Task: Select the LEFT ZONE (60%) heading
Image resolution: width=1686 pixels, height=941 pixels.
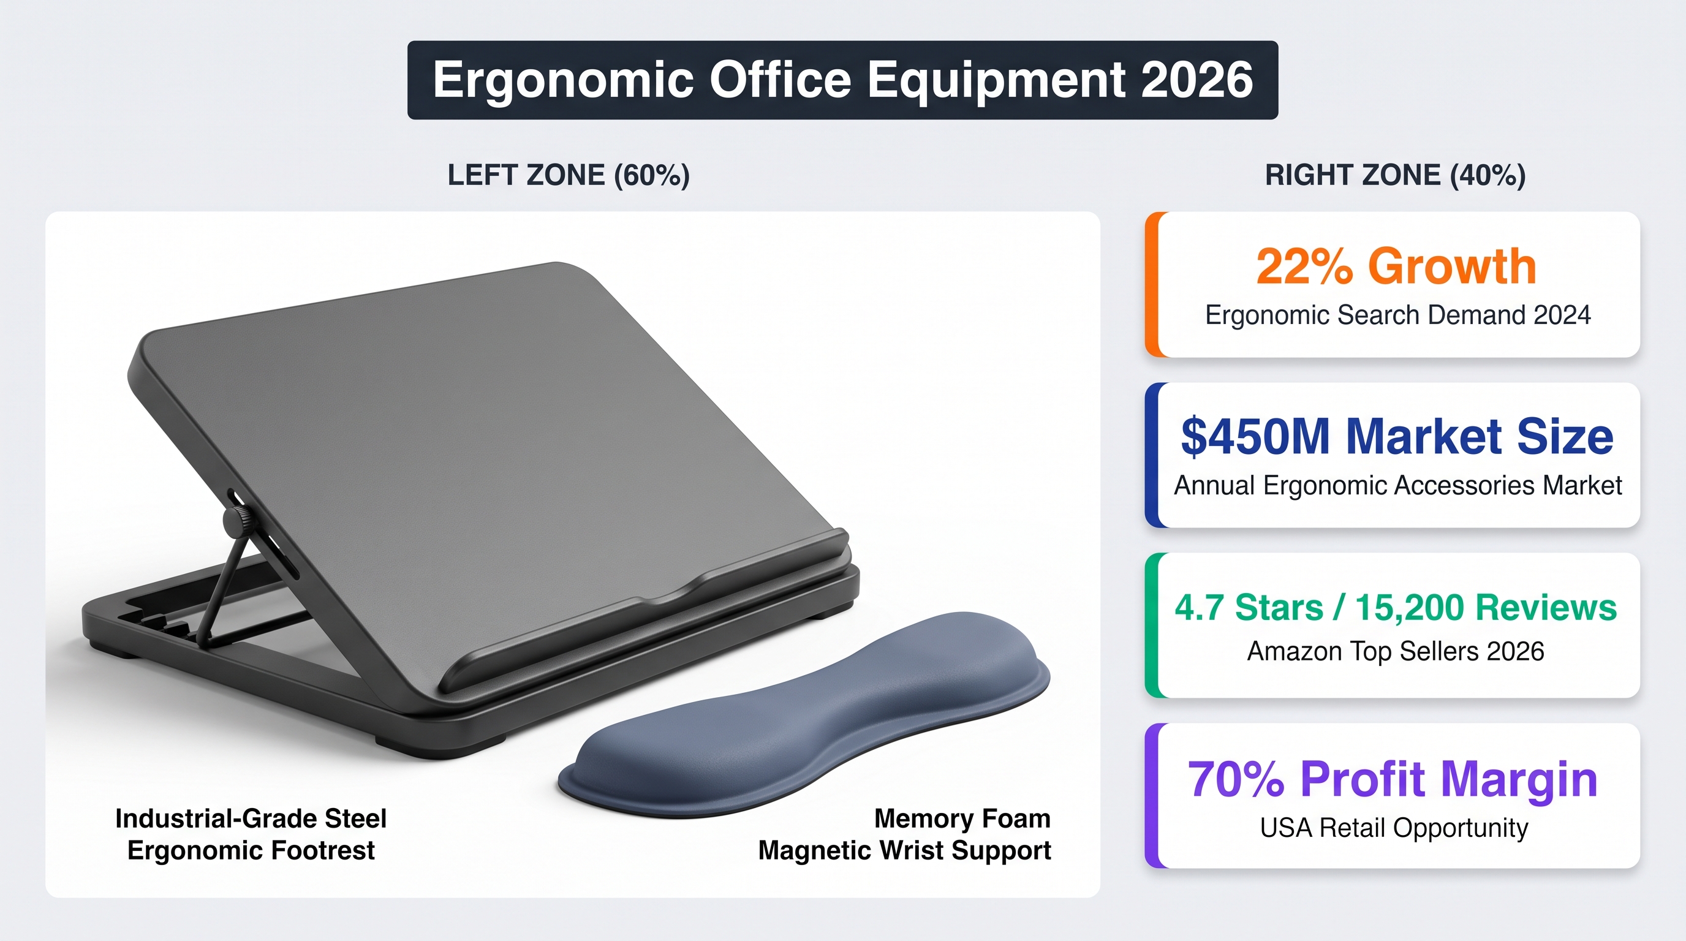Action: pyautogui.click(x=569, y=175)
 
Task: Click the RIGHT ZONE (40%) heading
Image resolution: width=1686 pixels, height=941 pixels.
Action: pyautogui.click(x=1396, y=175)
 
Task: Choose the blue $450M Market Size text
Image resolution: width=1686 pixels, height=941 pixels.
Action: pyautogui.click(x=1397, y=436)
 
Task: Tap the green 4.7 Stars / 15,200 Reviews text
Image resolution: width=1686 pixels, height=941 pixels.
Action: pyautogui.click(x=1396, y=607)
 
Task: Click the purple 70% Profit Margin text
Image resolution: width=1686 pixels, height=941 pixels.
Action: pyautogui.click(x=1393, y=780)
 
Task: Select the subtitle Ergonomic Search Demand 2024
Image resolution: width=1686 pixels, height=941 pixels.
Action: pyautogui.click(x=1398, y=315)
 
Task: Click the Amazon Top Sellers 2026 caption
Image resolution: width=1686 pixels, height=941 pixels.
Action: pyautogui.click(x=1396, y=651)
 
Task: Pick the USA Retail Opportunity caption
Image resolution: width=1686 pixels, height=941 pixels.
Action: pyautogui.click(x=1394, y=828)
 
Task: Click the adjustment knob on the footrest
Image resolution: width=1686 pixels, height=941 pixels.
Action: pyautogui.click(x=236, y=521)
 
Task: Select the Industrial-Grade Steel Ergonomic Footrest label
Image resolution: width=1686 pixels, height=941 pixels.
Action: pyautogui.click(x=251, y=834)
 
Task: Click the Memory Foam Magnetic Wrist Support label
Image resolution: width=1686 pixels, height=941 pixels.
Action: pyautogui.click(x=904, y=834)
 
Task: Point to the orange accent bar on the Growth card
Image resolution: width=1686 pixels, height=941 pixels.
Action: pyautogui.click(x=1151, y=285)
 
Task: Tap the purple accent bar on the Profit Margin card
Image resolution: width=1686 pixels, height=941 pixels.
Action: pyautogui.click(x=1151, y=796)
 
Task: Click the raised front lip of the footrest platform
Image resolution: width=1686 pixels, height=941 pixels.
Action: pyautogui.click(x=645, y=608)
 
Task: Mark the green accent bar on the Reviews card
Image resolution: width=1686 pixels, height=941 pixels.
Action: pyautogui.click(x=1151, y=625)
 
